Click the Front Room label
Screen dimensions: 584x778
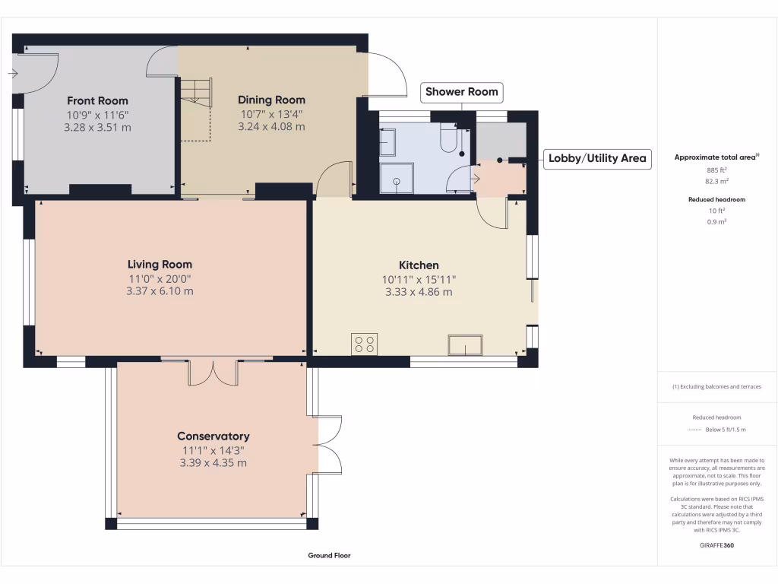(x=97, y=100)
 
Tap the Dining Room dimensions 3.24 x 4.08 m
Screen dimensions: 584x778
(x=271, y=127)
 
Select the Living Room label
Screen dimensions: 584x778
(x=160, y=265)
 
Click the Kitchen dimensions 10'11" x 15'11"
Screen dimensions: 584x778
(x=419, y=279)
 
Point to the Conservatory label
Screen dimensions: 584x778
(x=213, y=436)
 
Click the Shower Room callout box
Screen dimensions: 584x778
(x=461, y=92)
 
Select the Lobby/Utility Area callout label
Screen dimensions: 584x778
(x=597, y=158)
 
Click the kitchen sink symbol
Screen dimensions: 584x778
(x=464, y=344)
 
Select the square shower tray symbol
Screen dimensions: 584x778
(x=397, y=178)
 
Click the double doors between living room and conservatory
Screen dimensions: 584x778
(x=213, y=372)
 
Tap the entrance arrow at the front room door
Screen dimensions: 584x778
(x=13, y=74)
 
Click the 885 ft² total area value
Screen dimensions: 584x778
(x=717, y=170)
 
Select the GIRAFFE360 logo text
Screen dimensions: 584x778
(x=716, y=544)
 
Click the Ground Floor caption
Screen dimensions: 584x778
(x=329, y=556)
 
